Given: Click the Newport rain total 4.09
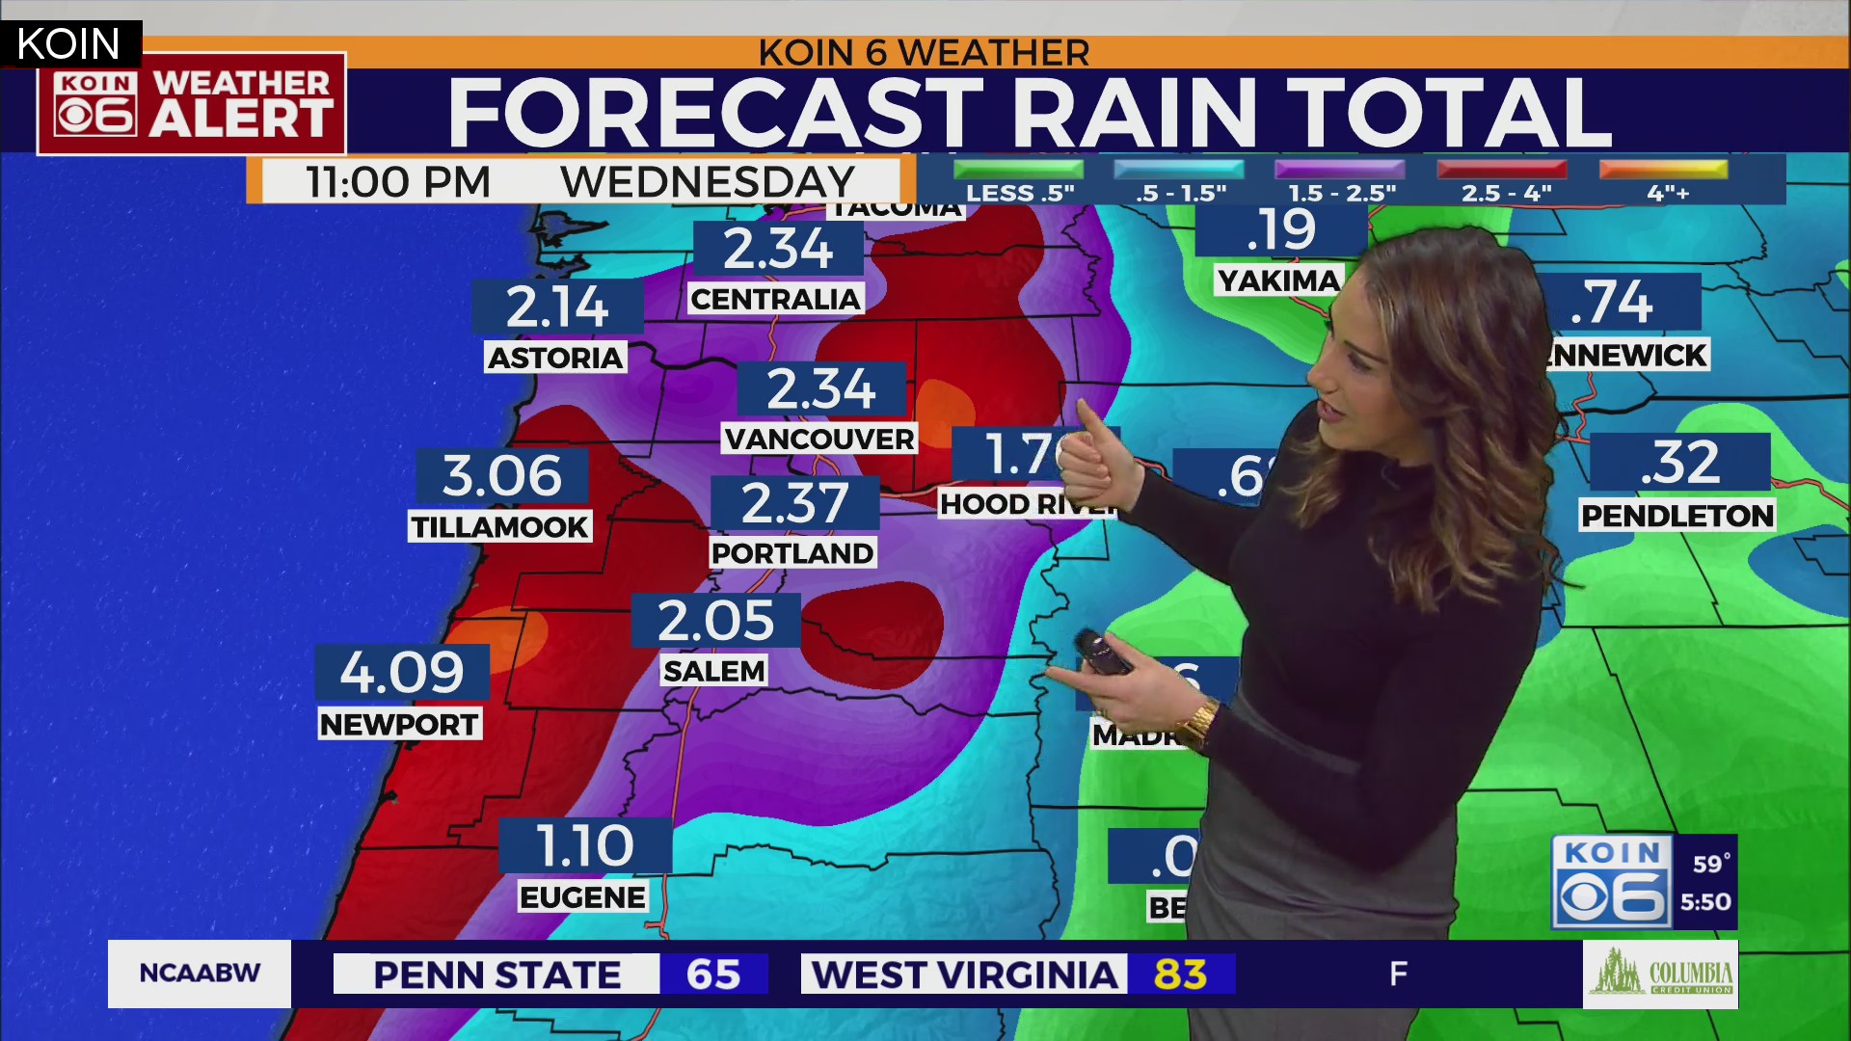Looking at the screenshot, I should pos(402,672).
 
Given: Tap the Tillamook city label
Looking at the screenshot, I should pos(499,527).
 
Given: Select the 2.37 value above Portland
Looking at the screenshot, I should pos(794,503).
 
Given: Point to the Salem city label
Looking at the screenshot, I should pos(714,671).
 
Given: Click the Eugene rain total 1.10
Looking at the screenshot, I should pos(584,845).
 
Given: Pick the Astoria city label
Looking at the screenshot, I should pos(555,358).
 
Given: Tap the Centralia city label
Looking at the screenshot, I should pos(775,300).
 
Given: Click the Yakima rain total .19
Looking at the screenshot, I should pos(1280,229).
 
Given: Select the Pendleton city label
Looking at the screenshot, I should pos(1677,516).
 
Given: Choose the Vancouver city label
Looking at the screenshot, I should pos(819,440).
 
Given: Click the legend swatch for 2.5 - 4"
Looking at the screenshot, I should pos(1501,170).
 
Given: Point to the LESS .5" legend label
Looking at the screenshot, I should pos(1020,194).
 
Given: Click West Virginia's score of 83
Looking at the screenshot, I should pos(1180,974).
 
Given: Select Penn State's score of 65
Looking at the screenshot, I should pos(713,974).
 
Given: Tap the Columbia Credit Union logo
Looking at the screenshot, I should pos(1660,974).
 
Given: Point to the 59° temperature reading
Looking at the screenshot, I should pos(1711,864).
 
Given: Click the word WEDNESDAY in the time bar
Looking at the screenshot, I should pos(708,181).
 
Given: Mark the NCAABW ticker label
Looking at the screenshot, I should pos(200,974).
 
